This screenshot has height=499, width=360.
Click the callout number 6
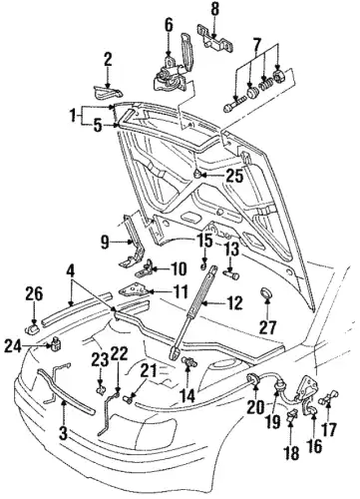169,25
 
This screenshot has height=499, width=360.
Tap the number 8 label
215,9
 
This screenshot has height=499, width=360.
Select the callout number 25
234,176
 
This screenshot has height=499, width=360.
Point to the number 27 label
267,327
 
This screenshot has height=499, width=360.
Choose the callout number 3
63,433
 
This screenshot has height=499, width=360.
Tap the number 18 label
291,453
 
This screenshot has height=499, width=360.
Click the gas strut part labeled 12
193,312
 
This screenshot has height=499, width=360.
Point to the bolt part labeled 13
232,274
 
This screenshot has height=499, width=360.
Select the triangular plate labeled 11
134,290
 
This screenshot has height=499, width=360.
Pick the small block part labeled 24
56,343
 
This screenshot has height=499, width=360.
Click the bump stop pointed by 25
197,174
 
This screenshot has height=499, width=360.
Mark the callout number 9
105,243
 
